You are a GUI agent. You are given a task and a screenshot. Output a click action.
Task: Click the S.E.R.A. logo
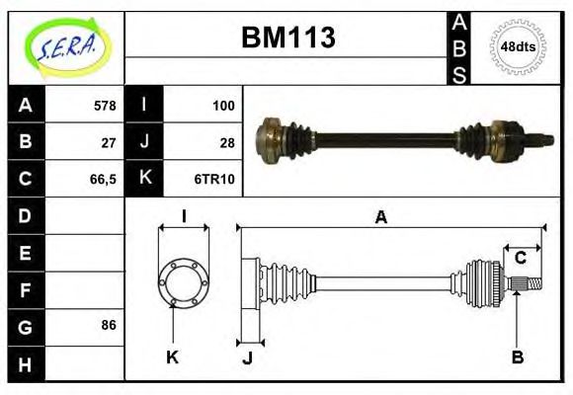click(65, 45)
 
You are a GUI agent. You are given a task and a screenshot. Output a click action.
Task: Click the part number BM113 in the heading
click(288, 39)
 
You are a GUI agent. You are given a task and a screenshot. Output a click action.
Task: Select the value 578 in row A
click(104, 105)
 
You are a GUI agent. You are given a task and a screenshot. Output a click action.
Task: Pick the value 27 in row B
click(109, 141)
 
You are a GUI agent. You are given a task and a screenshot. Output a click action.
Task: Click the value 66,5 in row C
click(102, 179)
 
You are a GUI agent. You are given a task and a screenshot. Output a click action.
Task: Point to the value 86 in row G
click(109, 324)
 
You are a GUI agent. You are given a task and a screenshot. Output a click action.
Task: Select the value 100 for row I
click(222, 105)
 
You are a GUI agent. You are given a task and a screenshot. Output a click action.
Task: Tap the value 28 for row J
click(226, 141)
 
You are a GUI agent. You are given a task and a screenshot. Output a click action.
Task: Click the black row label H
click(25, 364)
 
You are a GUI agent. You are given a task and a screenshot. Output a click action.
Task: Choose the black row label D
click(25, 215)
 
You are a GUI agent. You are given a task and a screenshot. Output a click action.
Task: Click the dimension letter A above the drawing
click(380, 218)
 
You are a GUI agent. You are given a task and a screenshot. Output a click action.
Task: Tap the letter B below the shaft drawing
click(517, 356)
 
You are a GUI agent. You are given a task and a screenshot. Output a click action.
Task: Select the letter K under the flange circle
click(172, 356)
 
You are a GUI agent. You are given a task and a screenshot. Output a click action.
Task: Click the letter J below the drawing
click(247, 356)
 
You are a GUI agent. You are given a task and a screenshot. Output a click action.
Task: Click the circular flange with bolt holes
click(183, 281)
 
